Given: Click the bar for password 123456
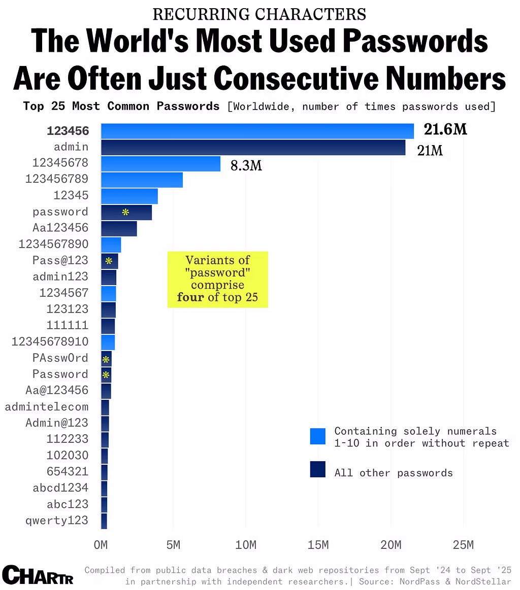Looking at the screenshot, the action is pyautogui.click(x=257, y=131).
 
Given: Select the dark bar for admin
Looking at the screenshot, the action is pyautogui.click(x=253, y=148).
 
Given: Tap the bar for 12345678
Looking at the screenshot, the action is pyautogui.click(x=160, y=164).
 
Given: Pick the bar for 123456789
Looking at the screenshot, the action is pyautogui.click(x=142, y=180).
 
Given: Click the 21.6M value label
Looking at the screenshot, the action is pyautogui.click(x=445, y=129).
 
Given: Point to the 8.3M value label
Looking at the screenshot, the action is pyautogui.click(x=246, y=165).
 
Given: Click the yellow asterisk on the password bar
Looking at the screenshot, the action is pyautogui.click(x=125, y=212).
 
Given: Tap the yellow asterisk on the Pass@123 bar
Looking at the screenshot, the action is pyautogui.click(x=109, y=261).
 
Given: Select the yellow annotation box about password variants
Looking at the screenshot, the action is pyautogui.click(x=218, y=279).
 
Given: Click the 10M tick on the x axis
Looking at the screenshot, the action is pyautogui.click(x=245, y=545).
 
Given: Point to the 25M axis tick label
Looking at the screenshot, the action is pyautogui.click(x=463, y=545).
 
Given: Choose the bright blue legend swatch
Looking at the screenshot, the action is pyautogui.click(x=318, y=436).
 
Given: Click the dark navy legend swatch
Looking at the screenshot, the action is pyautogui.click(x=318, y=469).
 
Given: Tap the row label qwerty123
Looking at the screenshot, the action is pyautogui.click(x=56, y=520).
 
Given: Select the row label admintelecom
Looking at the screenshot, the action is pyautogui.click(x=46, y=407).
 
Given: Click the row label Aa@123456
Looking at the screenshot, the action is pyautogui.click(x=56, y=390).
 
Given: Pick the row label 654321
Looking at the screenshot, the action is pyautogui.click(x=67, y=471).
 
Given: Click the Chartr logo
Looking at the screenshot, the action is pyautogui.click(x=38, y=575).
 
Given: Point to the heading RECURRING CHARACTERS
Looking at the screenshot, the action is pyautogui.click(x=259, y=14).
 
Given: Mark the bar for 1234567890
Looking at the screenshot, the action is pyautogui.click(x=111, y=245).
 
